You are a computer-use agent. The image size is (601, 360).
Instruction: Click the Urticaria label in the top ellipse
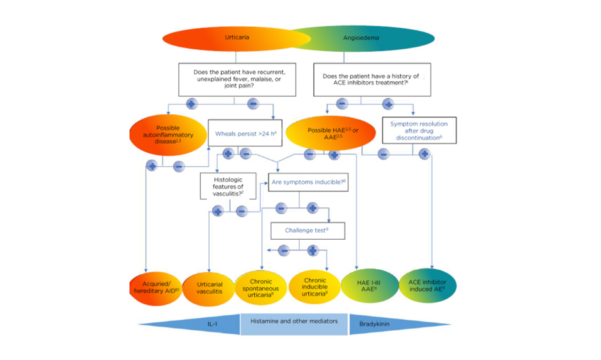coord(237,38)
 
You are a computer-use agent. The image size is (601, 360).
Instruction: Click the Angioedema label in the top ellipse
coord(361,38)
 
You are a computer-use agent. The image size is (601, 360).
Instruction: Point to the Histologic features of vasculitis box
coord(228,186)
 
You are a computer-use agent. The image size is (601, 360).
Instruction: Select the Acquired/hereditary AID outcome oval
coord(155,287)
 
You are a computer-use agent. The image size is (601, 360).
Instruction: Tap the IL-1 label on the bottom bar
coord(213,324)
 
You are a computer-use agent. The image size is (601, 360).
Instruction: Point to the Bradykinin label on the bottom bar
coord(375,324)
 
